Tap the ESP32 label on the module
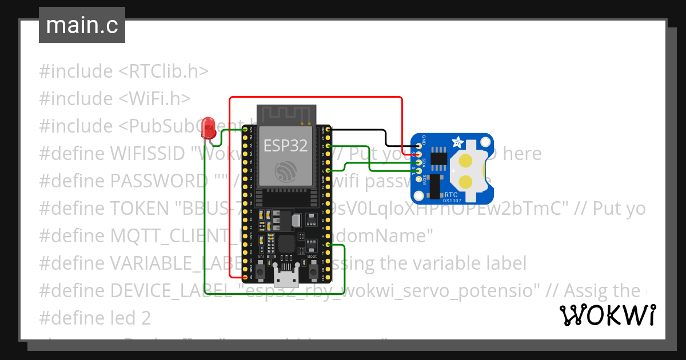click(x=285, y=146)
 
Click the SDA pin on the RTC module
click(x=419, y=163)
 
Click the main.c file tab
click(x=82, y=26)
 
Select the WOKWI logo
click(x=607, y=315)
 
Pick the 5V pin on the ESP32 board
click(x=246, y=277)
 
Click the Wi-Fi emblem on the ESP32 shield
click(x=285, y=171)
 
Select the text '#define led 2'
click(x=95, y=318)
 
